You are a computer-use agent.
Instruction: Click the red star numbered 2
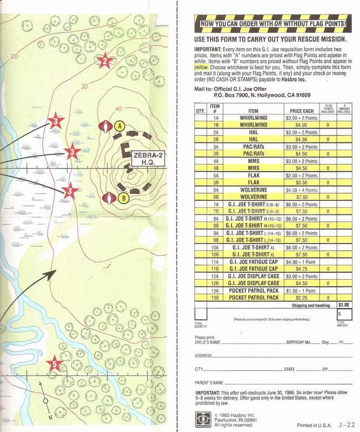coord(105,61)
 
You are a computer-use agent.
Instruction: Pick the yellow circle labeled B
coord(123,198)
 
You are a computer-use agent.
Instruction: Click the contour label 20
coord(14,56)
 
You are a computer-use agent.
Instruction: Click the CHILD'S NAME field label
coord(207,342)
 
